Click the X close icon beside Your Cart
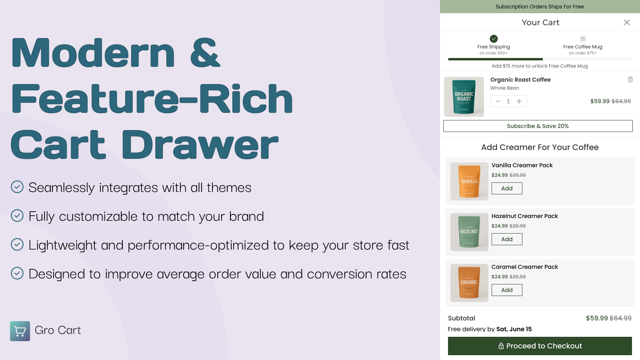coord(626,22)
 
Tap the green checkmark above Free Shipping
coord(494,38)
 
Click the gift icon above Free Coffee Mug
coord(583,38)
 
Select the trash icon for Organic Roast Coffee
coord(630,80)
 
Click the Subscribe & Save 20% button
coord(538,126)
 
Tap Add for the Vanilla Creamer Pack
coord(507,188)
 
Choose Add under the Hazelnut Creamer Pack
coord(507,239)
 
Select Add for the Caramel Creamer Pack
coord(507,290)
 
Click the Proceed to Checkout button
coord(540,346)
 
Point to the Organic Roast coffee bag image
coord(464,96)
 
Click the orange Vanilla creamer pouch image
coord(470,182)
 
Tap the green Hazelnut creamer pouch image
coord(470,232)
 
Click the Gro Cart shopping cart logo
coord(20,331)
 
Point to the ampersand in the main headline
coord(205,52)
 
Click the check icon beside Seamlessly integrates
coord(17,187)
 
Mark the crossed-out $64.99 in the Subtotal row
coord(620,318)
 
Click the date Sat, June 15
coord(514,329)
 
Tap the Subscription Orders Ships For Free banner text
coord(540,6)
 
